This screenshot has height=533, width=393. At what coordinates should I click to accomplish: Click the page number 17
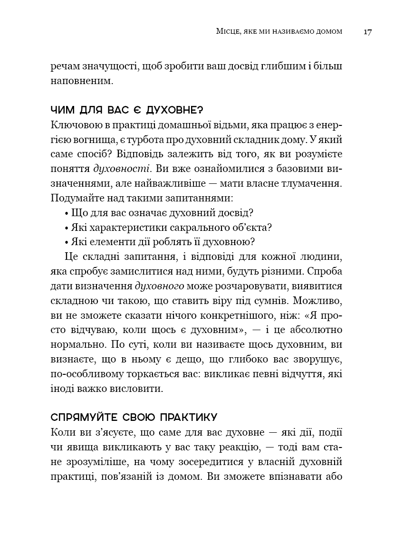367,32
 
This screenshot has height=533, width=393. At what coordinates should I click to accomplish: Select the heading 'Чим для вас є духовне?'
126,110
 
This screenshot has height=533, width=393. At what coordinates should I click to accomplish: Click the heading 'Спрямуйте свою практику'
134,418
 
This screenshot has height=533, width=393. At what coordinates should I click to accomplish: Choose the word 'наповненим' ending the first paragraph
82,81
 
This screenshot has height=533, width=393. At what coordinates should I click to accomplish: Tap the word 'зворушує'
318,359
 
